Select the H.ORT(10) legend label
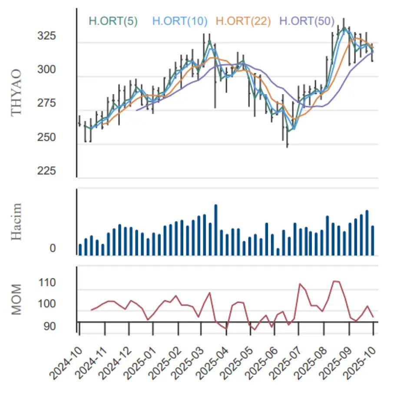click(x=180, y=20)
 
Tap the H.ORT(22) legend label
click(x=243, y=20)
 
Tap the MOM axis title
click(x=16, y=299)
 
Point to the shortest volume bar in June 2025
click(x=278, y=252)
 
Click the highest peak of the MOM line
click(x=334, y=281)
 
